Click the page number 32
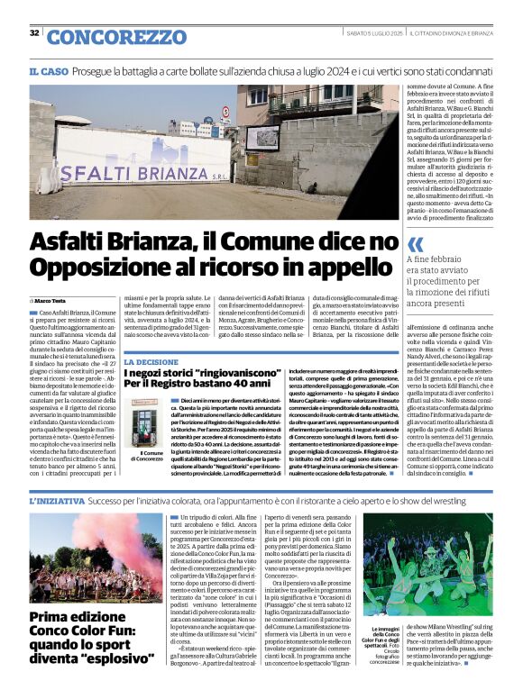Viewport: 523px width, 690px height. coord(33,33)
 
